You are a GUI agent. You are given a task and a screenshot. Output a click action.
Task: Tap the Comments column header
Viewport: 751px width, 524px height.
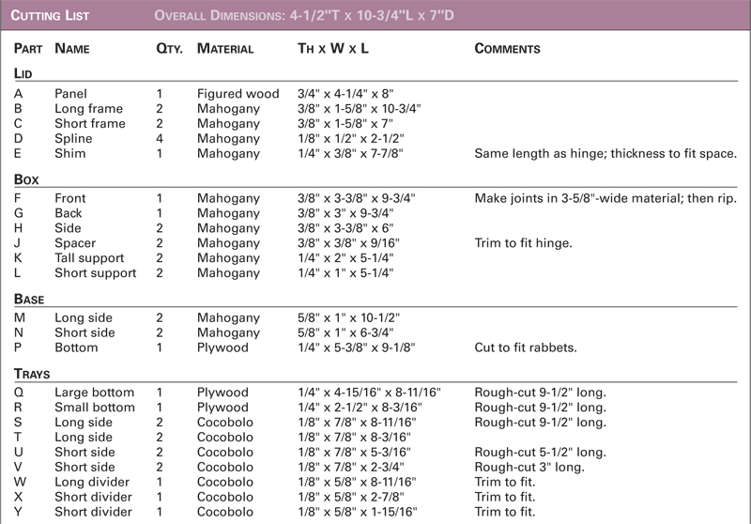coord(507,48)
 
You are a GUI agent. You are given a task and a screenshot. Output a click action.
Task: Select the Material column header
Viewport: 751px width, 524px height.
coord(225,48)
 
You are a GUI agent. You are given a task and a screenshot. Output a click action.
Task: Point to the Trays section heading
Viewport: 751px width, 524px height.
coord(35,373)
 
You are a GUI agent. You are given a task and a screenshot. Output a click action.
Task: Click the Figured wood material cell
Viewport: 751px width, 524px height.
coord(238,94)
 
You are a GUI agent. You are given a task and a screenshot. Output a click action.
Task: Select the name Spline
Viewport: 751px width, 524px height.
coord(73,138)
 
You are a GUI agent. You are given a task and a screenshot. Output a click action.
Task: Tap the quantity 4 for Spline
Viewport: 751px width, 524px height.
coord(160,138)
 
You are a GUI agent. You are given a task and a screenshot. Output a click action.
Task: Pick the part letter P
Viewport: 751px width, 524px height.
coord(19,347)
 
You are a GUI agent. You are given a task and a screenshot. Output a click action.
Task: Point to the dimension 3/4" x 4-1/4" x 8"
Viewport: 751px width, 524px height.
coord(345,94)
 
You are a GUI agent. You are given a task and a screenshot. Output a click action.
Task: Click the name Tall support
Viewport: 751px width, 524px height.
coord(89,258)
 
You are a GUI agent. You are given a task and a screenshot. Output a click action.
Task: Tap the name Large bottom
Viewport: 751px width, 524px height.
coord(94,393)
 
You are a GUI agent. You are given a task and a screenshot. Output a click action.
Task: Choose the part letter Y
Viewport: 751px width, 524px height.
coord(19,513)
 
